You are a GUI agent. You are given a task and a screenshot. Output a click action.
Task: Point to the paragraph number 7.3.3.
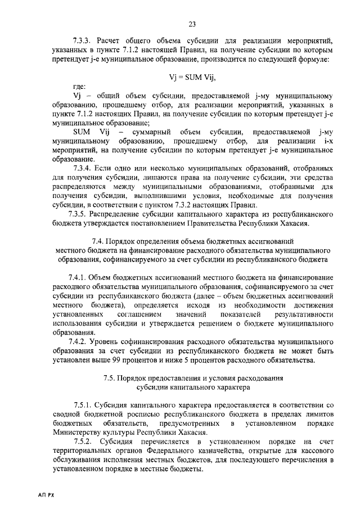(x=82, y=40)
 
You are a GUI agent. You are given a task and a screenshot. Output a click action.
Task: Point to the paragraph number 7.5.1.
(x=83, y=406)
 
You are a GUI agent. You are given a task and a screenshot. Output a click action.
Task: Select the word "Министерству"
(x=77, y=433)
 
